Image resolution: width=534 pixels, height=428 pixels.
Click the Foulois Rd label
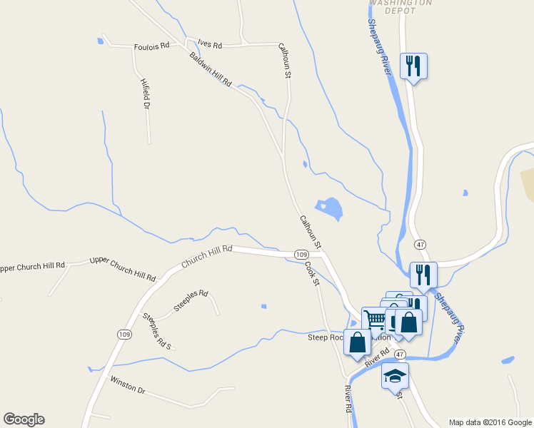(x=151, y=46)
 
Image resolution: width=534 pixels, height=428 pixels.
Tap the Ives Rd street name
(x=211, y=45)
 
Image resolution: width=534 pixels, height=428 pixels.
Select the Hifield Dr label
(x=146, y=93)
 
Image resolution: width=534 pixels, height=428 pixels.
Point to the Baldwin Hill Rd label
(x=211, y=69)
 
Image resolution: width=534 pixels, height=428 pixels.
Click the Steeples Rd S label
(x=158, y=331)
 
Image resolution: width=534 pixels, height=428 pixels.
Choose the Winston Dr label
(x=127, y=386)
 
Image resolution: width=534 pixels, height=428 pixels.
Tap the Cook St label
(x=311, y=274)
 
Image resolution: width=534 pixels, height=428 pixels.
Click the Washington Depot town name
(x=401, y=6)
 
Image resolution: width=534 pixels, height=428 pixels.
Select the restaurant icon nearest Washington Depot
(x=413, y=66)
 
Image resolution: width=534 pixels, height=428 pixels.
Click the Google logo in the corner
(x=24, y=419)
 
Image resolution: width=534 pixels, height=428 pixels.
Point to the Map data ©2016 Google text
(x=490, y=422)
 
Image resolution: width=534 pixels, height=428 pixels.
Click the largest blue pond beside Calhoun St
(x=329, y=208)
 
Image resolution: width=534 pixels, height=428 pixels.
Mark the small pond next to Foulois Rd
(x=100, y=41)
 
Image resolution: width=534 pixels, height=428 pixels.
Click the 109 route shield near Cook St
(x=301, y=255)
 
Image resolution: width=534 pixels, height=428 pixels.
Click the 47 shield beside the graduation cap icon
(x=400, y=355)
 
